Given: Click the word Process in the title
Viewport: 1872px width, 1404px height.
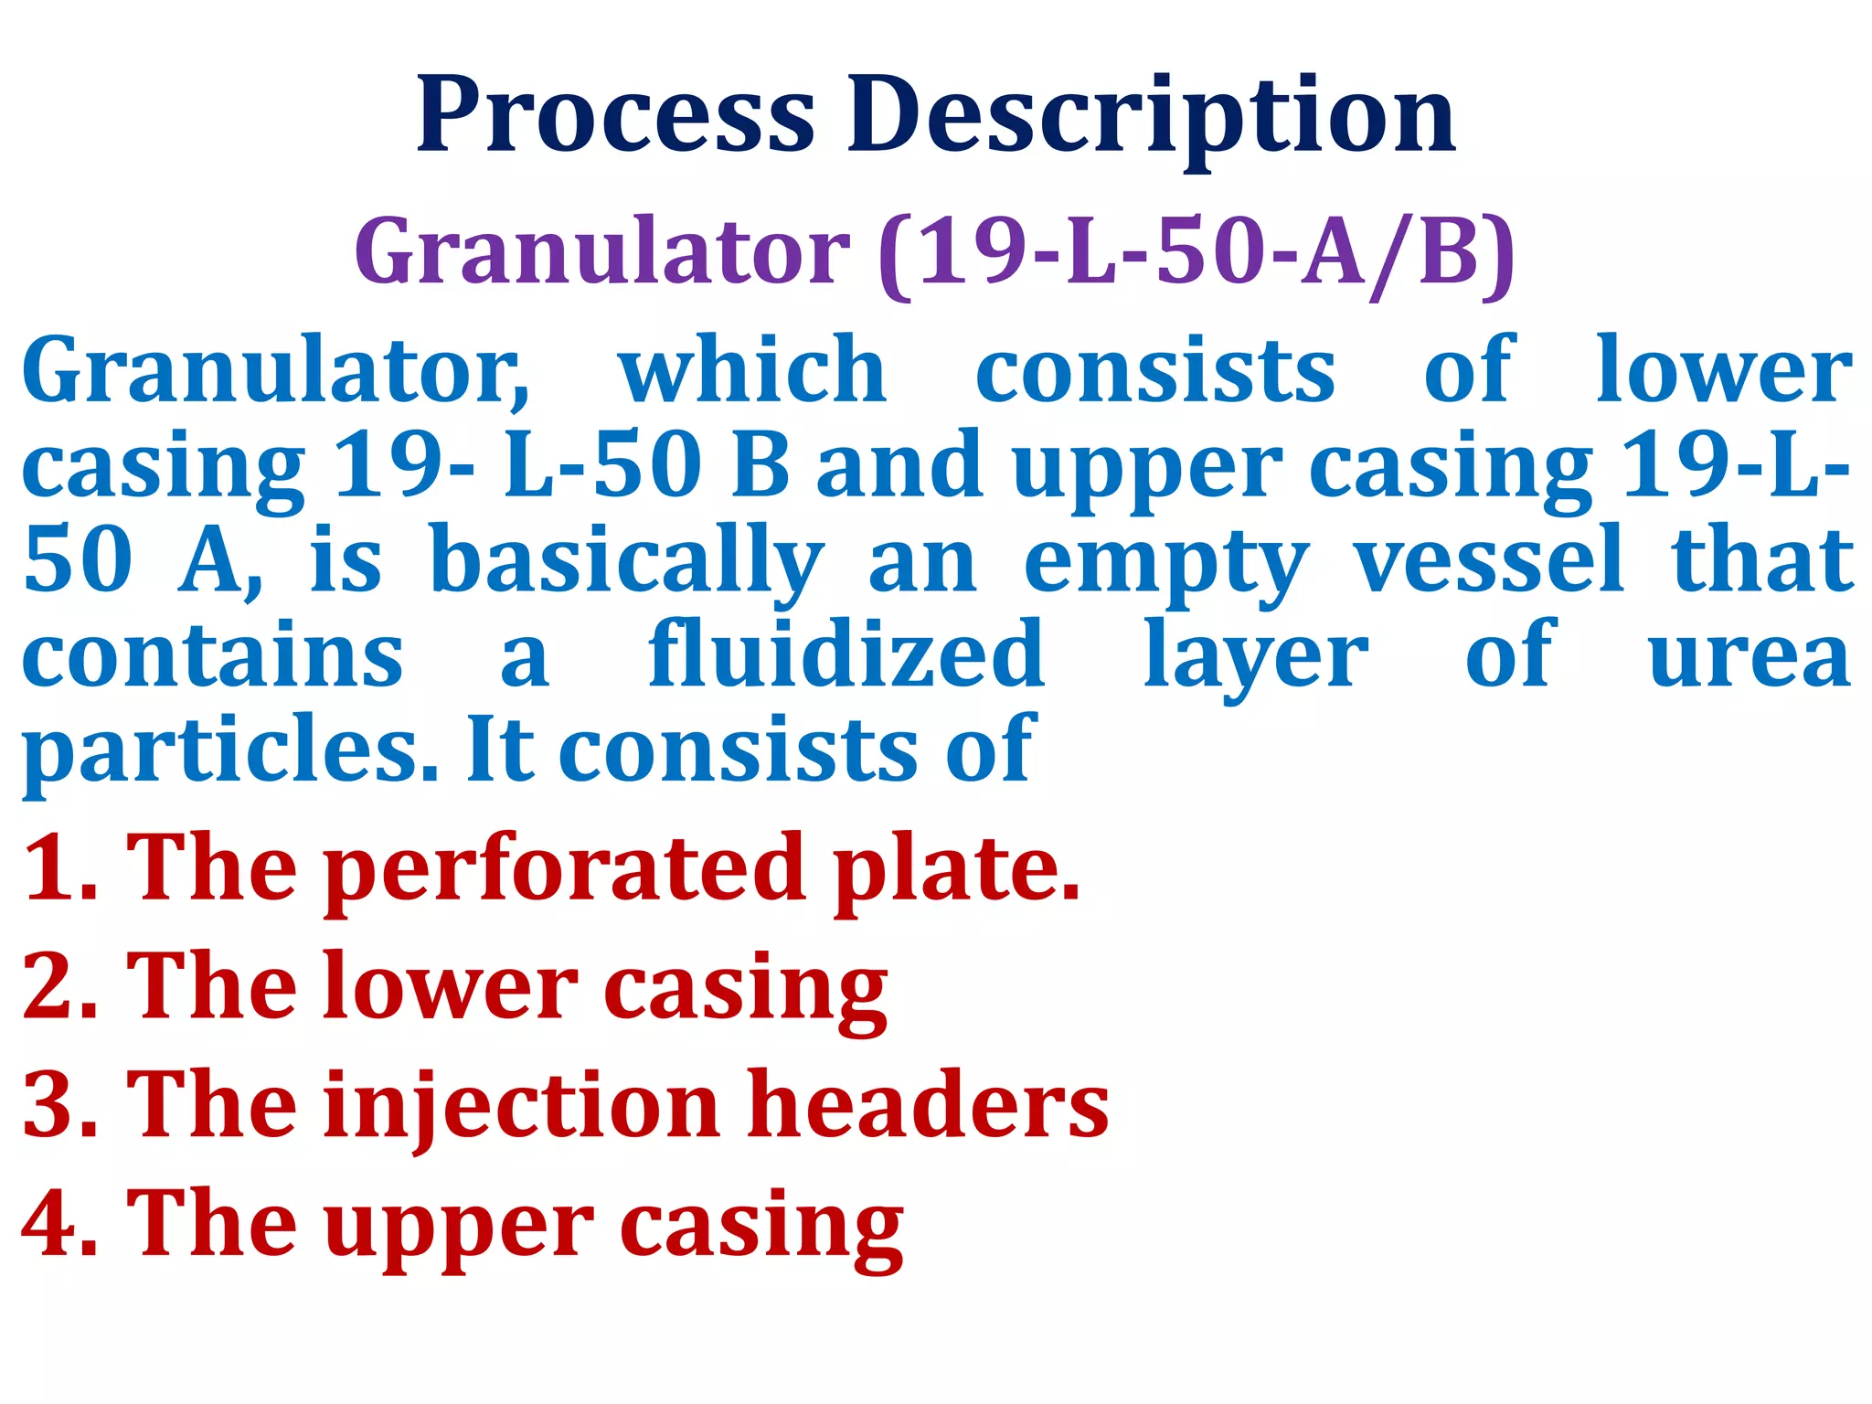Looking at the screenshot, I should tap(614, 116).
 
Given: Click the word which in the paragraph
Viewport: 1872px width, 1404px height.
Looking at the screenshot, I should tap(752, 370).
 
